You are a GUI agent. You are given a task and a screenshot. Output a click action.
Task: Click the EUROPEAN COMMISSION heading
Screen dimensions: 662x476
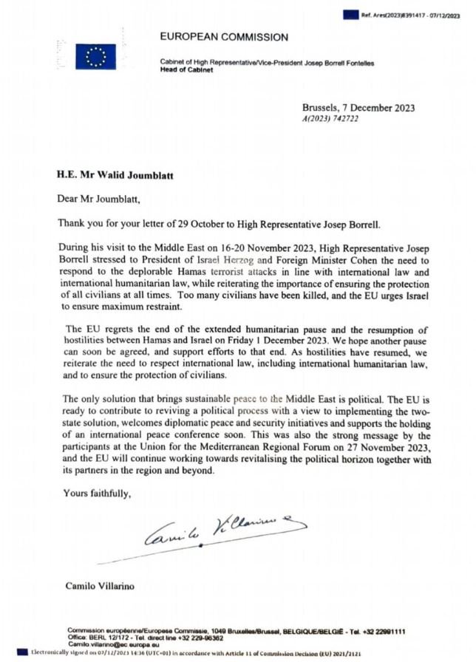pyautogui.click(x=224, y=37)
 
